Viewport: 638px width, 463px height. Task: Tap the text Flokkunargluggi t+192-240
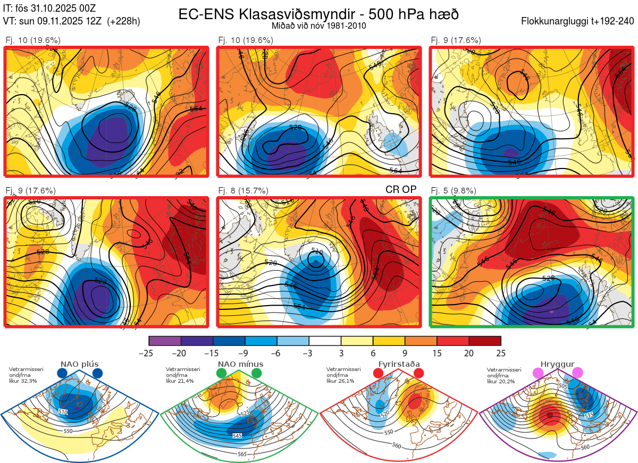point(578,21)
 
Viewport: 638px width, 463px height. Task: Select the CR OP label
point(400,189)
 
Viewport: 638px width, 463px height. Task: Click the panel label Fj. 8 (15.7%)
point(243,190)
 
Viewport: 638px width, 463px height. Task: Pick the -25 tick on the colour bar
point(149,352)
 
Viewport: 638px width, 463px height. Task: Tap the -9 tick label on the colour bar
point(245,352)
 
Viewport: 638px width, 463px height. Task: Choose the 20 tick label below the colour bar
point(469,352)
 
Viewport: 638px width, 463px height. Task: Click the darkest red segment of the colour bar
point(485,341)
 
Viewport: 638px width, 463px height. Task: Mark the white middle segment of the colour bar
point(325,341)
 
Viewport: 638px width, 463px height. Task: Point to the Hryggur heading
point(558,364)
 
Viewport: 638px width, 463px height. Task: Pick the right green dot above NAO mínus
point(257,373)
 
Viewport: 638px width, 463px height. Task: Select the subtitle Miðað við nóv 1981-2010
point(318,25)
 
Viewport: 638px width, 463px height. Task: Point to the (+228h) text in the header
point(123,21)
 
